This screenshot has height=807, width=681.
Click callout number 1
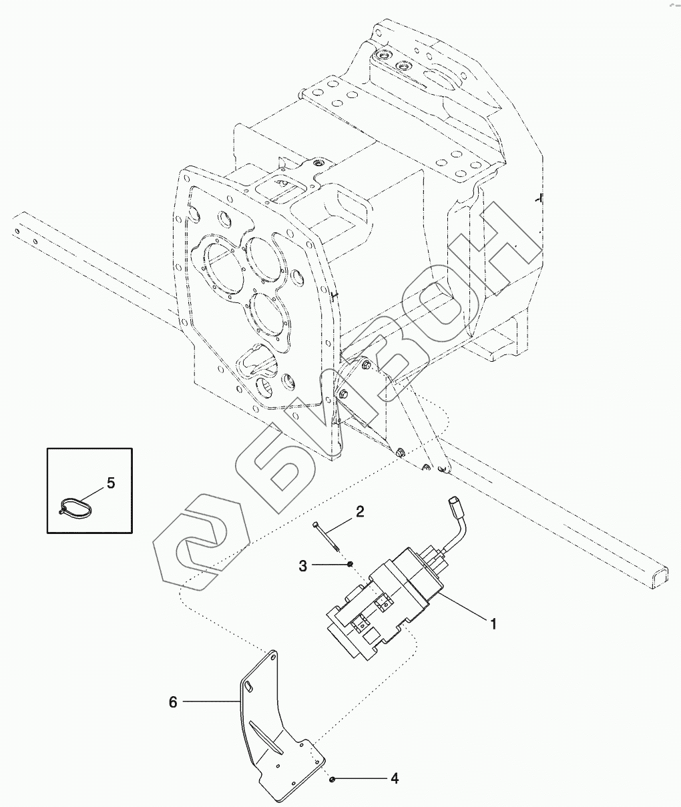[493, 624]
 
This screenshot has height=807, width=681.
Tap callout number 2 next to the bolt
[359, 512]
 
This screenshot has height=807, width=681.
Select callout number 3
[303, 566]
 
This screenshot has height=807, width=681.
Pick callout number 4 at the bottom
[395, 778]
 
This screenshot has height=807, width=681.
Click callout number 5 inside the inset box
[111, 482]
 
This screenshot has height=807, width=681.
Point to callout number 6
[173, 702]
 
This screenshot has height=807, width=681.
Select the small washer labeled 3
[350, 566]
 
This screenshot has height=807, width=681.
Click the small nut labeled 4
[332, 779]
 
